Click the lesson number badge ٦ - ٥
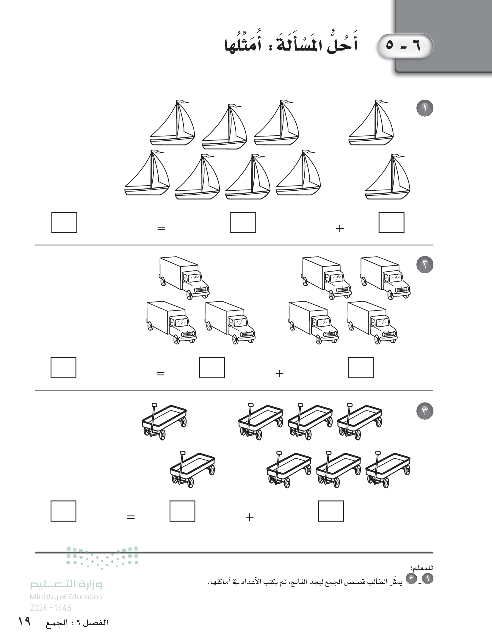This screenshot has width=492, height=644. [x=405, y=46]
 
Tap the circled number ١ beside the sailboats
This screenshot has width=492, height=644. [x=425, y=108]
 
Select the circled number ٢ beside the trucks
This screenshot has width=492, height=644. [x=425, y=264]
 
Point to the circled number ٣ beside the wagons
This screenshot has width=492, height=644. [x=425, y=411]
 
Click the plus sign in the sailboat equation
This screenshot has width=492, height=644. [x=339, y=228]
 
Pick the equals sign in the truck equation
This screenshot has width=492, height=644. [x=160, y=373]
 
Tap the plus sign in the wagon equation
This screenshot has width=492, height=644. [x=250, y=517]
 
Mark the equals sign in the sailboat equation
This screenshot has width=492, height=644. [x=161, y=228]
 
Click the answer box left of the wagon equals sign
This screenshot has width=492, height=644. [x=63, y=511]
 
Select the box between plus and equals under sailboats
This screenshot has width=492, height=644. [x=243, y=222]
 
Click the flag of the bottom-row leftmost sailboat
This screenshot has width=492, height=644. [x=159, y=152]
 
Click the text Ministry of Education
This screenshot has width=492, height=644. [x=66, y=597]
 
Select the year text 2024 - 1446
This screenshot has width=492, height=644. [x=51, y=608]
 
